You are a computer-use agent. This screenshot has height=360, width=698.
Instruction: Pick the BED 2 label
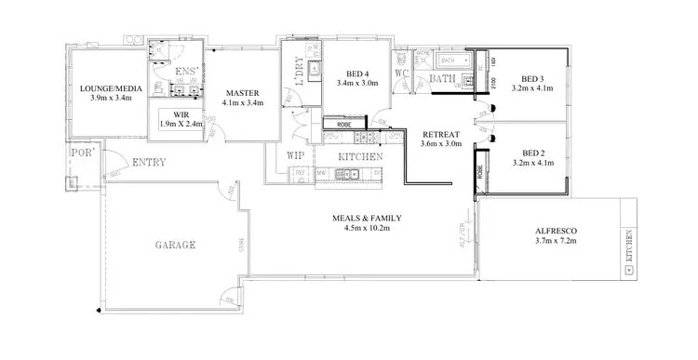tap(533, 153)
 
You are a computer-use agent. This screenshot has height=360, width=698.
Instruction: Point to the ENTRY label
tap(148, 162)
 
